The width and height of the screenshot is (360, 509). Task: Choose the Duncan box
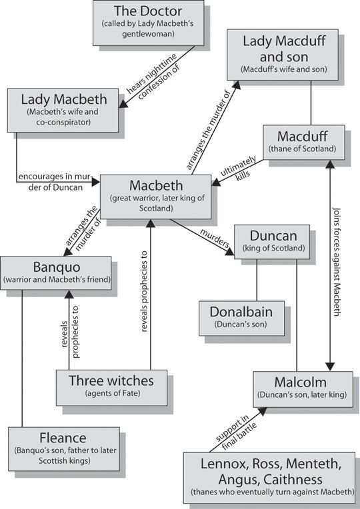[272, 241]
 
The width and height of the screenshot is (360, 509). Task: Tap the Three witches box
[111, 386]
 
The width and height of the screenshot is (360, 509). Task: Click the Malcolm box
[300, 388]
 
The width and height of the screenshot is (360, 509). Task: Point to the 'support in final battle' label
[233, 426]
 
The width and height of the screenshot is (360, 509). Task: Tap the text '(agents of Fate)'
[111, 394]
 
